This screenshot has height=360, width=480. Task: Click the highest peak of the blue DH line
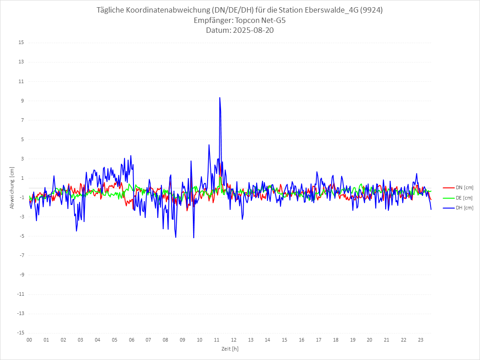tap(220, 98)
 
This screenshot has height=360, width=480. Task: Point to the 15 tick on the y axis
tap(21, 43)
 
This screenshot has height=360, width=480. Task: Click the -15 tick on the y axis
tap(20, 333)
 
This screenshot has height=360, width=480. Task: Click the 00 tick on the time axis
tap(29, 340)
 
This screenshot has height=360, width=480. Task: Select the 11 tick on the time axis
tap(217, 340)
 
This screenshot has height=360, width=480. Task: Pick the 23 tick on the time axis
tap(421, 340)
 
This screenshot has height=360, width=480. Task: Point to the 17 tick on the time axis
tap(319, 340)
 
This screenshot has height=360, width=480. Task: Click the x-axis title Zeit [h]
tap(230, 349)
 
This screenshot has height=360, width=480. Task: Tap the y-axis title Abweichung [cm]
tap(12, 187)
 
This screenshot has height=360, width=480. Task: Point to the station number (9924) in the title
tap(371, 10)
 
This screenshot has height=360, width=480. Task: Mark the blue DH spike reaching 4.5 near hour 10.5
tap(209, 145)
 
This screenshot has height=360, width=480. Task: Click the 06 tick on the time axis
tap(132, 340)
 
